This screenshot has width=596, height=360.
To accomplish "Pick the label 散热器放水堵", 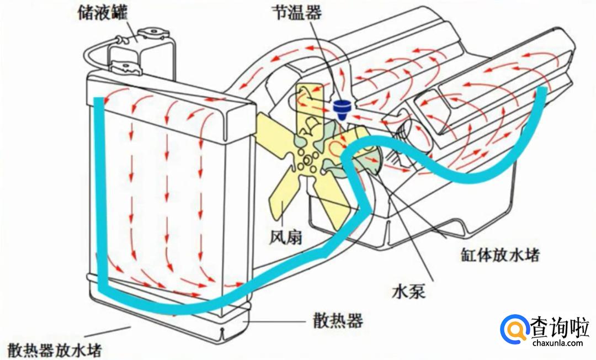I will point(55,350).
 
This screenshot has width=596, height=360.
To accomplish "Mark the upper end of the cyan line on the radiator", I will point(98,100).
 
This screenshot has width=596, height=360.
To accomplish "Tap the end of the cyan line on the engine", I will point(544,90).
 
